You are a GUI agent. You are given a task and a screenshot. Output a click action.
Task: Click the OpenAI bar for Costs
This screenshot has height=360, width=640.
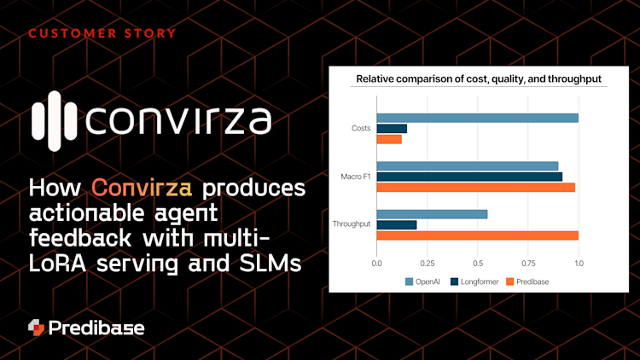(477, 118)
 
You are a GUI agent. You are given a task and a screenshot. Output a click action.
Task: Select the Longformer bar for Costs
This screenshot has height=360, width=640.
(392, 129)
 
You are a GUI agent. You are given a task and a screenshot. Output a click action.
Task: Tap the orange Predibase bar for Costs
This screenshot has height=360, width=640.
(389, 139)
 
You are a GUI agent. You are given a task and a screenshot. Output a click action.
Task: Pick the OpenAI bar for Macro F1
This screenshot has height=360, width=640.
(467, 166)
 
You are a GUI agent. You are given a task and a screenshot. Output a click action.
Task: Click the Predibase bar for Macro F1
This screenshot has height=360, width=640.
(475, 187)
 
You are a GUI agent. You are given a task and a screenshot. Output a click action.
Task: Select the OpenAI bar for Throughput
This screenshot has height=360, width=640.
(432, 214)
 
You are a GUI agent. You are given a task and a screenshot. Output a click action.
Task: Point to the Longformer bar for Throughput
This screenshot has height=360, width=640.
(397, 224)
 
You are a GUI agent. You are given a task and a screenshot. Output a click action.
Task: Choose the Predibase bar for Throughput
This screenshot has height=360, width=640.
(477, 235)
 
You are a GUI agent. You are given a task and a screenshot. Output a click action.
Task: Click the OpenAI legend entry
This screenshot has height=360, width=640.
(422, 281)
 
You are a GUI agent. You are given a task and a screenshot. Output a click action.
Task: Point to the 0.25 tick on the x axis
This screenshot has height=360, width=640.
(427, 264)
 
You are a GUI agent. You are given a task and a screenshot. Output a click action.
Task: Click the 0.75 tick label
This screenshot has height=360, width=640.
(528, 264)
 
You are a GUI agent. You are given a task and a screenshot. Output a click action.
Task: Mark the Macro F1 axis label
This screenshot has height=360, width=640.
(355, 177)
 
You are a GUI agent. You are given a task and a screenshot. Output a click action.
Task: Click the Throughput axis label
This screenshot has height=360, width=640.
(351, 224)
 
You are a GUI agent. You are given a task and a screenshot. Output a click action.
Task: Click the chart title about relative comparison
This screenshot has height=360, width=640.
(478, 79)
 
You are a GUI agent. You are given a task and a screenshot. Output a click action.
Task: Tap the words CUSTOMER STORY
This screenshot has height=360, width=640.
(102, 33)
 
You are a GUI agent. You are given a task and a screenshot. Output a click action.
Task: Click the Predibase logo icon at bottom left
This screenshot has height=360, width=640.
(35, 328)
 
